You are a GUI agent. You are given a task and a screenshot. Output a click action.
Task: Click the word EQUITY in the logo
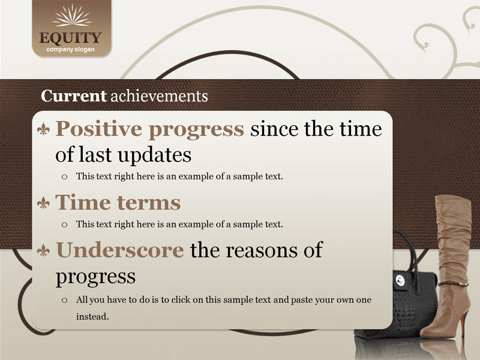[70, 38]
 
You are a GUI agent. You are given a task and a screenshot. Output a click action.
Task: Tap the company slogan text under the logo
[70, 50]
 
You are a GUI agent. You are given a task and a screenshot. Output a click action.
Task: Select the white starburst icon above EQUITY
[72, 16]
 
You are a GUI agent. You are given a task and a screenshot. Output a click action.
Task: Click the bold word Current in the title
[73, 96]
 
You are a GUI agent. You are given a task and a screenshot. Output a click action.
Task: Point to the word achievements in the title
[159, 96]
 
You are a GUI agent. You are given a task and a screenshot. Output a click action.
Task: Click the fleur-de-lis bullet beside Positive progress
[43, 129]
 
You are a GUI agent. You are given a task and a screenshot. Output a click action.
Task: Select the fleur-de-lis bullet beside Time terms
[43, 203]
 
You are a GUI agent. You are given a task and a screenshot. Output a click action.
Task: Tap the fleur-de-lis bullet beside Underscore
[43, 250]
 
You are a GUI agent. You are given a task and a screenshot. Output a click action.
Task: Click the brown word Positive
[98, 128]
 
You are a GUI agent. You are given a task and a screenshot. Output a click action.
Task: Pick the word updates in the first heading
[155, 155]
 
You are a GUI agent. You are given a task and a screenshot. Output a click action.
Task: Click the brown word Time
[83, 202]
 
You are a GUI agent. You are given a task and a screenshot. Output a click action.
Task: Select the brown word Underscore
[120, 250]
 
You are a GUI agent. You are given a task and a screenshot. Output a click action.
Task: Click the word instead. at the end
[92, 316]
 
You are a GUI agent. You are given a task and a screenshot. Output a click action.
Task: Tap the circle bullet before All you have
[64, 300]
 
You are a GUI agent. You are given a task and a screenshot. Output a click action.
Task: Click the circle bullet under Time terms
[64, 224]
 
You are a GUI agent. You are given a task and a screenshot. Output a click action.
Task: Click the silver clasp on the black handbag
[400, 280]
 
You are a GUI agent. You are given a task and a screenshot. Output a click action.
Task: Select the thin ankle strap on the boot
[453, 284]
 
